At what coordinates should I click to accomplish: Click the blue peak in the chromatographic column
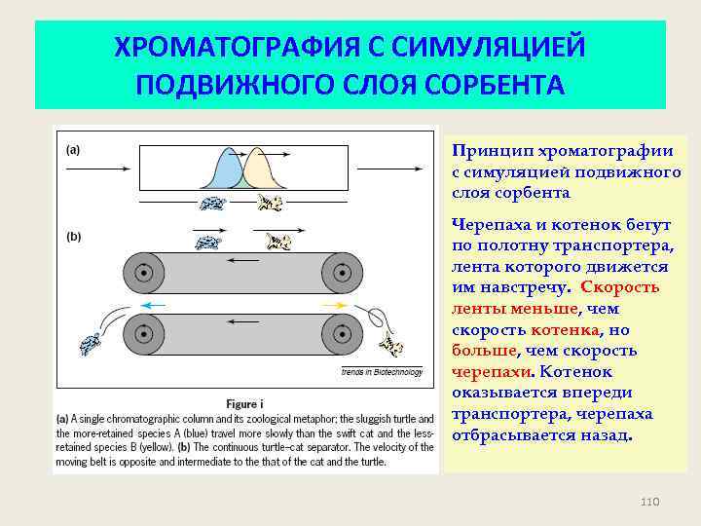point(226,173)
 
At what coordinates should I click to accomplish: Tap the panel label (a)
point(73,150)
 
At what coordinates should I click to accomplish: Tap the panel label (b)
point(73,236)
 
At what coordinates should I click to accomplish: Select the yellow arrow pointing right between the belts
point(332,305)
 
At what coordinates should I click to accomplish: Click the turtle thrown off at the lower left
point(91,343)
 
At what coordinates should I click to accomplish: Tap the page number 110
point(650,501)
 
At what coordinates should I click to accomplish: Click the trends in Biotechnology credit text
point(382,372)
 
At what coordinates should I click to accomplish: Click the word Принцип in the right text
point(486,151)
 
